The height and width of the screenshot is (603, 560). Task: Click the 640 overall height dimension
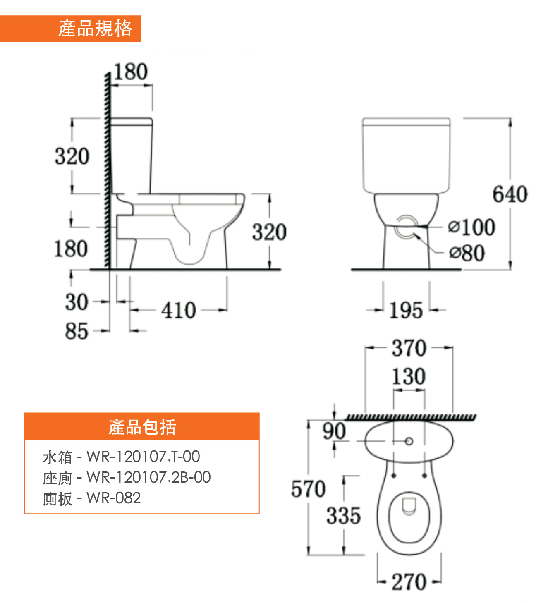pyautogui.click(x=510, y=194)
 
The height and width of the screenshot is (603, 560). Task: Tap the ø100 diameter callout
pyautogui.click(x=471, y=227)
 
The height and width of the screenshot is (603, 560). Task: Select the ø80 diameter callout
pyautogui.click(x=467, y=253)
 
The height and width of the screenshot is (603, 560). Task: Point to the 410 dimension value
pyautogui.click(x=179, y=310)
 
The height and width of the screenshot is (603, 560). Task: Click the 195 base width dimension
pyautogui.click(x=406, y=310)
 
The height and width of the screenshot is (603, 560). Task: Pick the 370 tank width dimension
pyautogui.click(x=409, y=348)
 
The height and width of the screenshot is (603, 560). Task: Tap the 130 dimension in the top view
pyautogui.click(x=409, y=376)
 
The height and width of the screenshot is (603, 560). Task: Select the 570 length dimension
pyautogui.click(x=308, y=489)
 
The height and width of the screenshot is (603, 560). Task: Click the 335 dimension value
pyautogui.click(x=343, y=516)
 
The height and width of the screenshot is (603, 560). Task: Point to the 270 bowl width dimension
pyautogui.click(x=409, y=582)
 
